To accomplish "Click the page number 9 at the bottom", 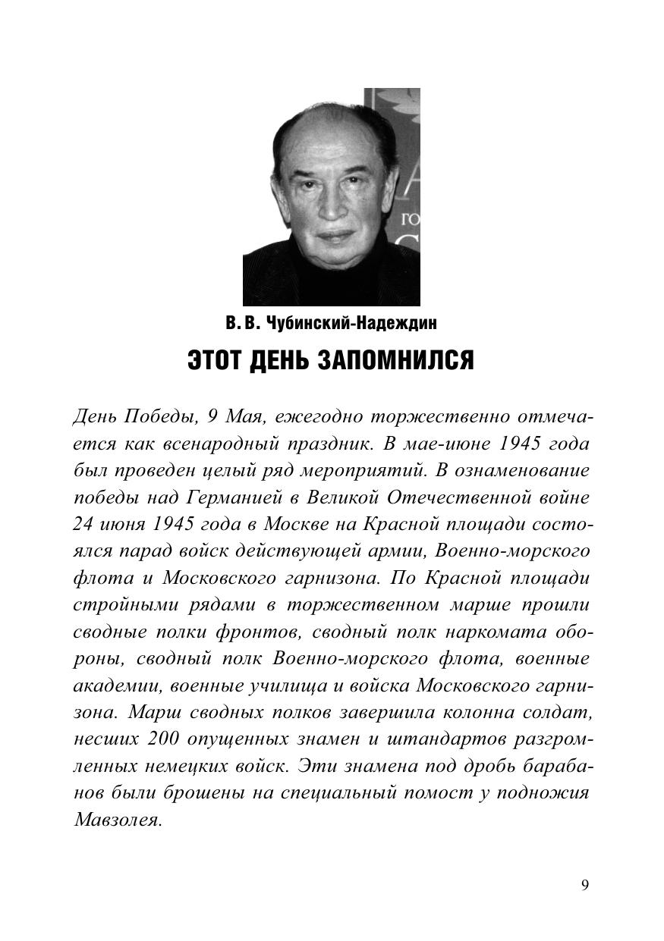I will pos(584,886).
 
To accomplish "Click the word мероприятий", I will pos(361,470).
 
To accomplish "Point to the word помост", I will pos(436,793).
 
